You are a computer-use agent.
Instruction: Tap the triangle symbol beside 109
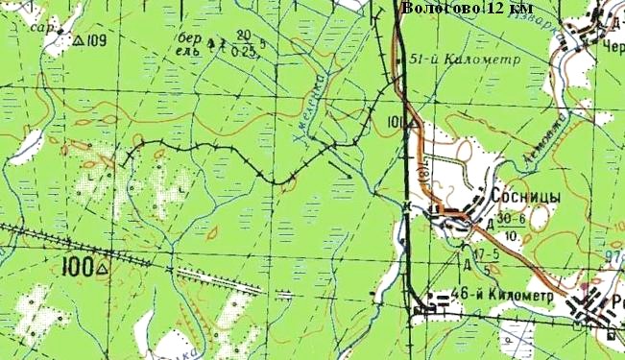pyautogui.click(x=78, y=40)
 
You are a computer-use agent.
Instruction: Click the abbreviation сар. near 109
pyautogui.click(x=41, y=28)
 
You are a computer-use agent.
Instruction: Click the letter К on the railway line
pyautogui.click(x=407, y=205)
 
